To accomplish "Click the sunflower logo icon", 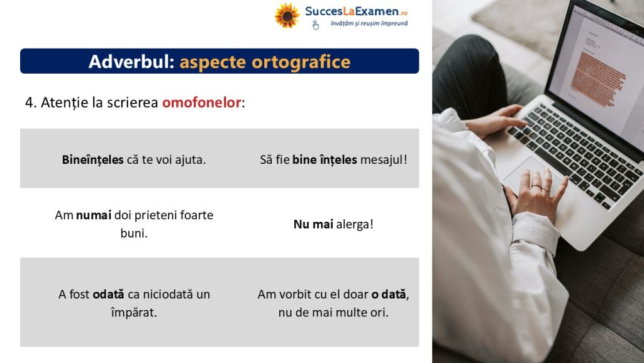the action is point(287,16).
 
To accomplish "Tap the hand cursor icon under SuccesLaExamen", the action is point(316,25).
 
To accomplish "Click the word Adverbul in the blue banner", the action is point(131,62).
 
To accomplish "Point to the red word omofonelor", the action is point(202,103).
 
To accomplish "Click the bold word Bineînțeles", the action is point(93,159).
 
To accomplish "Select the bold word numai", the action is point(94,216).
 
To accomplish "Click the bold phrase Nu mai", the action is point(313,224).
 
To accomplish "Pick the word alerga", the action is point(353,224).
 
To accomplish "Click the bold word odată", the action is point(108,294).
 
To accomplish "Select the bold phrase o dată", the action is point(389,294).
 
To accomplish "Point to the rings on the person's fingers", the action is point(540,188).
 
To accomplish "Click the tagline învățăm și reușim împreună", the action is point(369,23).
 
